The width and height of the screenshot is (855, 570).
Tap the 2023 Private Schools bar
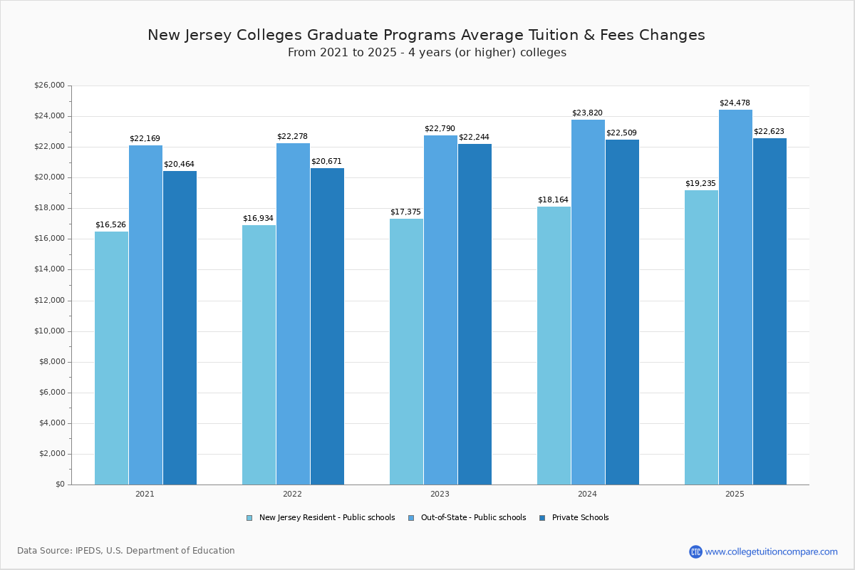click(475, 314)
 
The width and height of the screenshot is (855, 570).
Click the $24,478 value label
click(735, 103)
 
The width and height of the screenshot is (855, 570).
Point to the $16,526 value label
click(110, 225)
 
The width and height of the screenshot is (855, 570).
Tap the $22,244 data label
click(474, 138)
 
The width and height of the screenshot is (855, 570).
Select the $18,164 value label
click(553, 200)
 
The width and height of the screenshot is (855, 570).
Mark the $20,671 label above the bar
click(326, 162)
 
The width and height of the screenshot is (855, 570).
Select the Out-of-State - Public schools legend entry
click(467, 518)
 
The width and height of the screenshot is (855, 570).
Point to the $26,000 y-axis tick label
click(49, 85)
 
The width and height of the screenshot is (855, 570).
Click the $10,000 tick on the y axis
click(49, 331)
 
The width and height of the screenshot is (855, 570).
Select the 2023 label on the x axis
click(440, 494)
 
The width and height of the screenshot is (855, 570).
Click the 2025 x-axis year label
click(735, 494)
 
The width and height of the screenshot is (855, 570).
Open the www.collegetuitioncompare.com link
click(771, 551)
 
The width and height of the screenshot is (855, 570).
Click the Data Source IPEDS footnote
click(126, 551)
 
